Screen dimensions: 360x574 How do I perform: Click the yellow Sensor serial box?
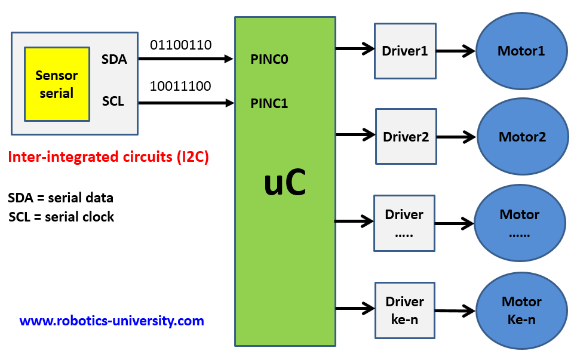[57, 84]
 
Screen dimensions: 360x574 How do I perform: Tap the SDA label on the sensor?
[114, 59]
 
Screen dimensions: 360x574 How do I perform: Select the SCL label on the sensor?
[113, 101]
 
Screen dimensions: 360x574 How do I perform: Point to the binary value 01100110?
[180, 45]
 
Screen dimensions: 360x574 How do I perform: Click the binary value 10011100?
[180, 87]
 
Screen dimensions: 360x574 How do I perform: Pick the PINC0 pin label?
[269, 60]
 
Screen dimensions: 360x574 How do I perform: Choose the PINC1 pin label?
[269, 103]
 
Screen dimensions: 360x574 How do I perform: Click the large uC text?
[285, 184]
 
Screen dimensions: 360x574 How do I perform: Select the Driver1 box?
[405, 51]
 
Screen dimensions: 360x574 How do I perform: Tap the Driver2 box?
[406, 136]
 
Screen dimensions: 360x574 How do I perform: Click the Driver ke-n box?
[404, 310]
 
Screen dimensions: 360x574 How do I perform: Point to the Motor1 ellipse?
[521, 51]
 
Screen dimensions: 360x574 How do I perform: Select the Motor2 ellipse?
[522, 137]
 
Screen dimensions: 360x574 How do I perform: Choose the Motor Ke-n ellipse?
[521, 310]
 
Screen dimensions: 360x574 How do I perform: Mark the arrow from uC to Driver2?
[355, 135]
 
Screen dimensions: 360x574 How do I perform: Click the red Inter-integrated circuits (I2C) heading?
[109, 158]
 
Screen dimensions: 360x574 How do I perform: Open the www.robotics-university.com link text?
[112, 321]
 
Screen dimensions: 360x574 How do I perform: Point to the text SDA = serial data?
[61, 198]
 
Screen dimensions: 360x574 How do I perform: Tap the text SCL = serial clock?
[62, 217]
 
